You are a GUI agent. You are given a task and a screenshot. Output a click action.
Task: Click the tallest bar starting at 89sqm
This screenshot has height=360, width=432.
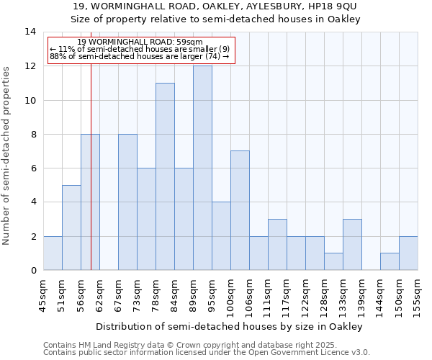pyautogui.click(x=202, y=168)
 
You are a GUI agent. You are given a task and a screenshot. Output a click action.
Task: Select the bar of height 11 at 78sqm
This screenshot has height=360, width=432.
pyautogui.click(x=165, y=176)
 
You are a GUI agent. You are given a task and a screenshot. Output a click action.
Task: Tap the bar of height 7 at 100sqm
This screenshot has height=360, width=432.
pyautogui.click(x=240, y=210)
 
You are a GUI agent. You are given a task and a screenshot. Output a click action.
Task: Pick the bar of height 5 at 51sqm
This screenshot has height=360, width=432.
pyautogui.click(x=71, y=228)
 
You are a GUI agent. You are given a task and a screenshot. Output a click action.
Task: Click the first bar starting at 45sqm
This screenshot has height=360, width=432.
pyautogui.click(x=53, y=253)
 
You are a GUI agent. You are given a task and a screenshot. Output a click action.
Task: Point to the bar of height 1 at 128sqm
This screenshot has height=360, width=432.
pyautogui.click(x=333, y=261)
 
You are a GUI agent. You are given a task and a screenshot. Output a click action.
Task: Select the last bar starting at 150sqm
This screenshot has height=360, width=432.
pyautogui.click(x=408, y=253)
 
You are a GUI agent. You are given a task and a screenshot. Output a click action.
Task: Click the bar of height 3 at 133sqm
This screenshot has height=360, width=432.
pyautogui.click(x=352, y=244)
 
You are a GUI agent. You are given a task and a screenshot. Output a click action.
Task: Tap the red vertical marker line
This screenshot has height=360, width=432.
pyautogui.click(x=91, y=180)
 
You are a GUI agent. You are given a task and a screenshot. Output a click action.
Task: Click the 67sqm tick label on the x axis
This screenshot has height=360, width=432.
pyautogui.click(x=119, y=292)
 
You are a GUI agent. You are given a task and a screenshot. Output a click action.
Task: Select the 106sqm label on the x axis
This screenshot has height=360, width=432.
pyautogui.click(x=250, y=294)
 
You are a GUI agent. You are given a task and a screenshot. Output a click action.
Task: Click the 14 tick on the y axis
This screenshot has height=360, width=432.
pyautogui.click(x=31, y=32)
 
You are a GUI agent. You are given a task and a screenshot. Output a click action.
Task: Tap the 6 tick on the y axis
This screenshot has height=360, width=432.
pyautogui.click(x=33, y=168)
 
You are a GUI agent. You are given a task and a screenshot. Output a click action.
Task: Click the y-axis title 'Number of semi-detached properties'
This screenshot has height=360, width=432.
pyautogui.click(x=7, y=156)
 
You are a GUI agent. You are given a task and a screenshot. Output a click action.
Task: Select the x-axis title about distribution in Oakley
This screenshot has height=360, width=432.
pyautogui.click(x=228, y=326)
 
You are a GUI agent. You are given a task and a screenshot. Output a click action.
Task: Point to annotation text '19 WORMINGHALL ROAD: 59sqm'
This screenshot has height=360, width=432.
pyautogui.click(x=140, y=42)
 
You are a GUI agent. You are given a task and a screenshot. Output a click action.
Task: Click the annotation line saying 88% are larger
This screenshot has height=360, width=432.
pyautogui.click(x=140, y=56)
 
